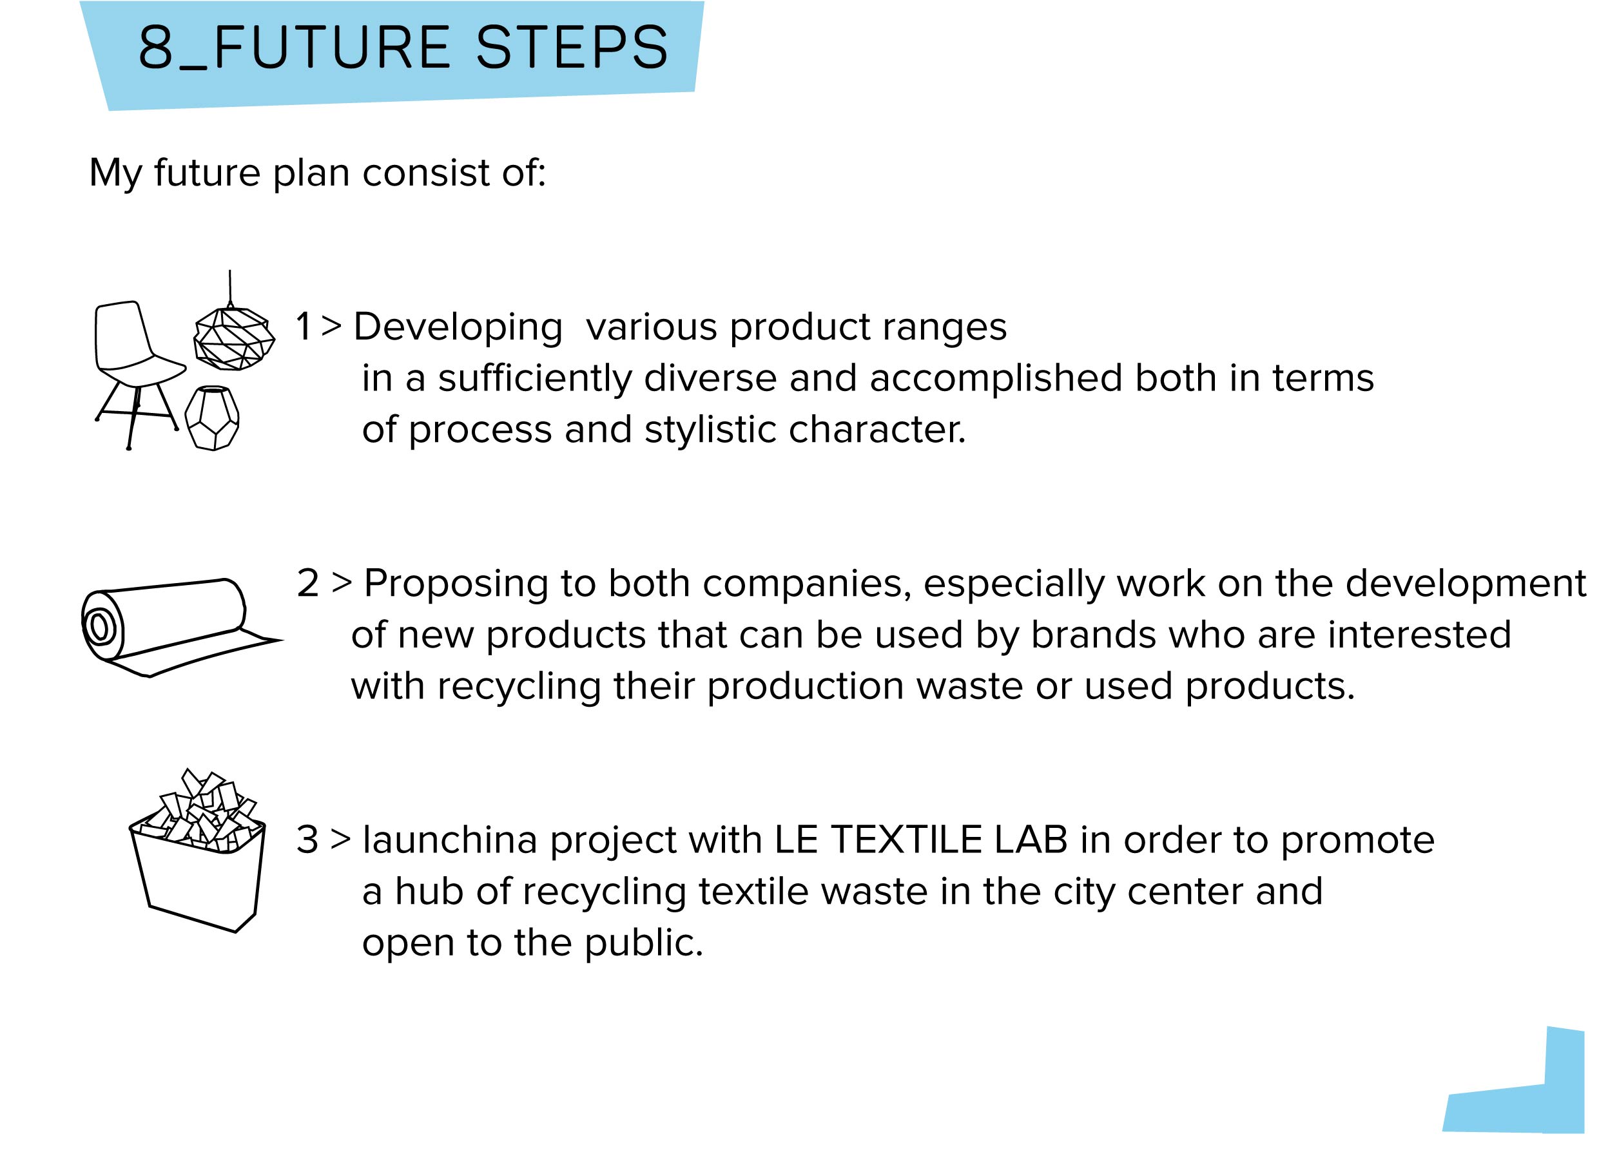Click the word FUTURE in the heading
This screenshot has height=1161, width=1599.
tap(331, 48)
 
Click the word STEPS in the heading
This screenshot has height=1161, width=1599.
tap(572, 48)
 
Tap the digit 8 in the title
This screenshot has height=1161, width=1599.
tap(155, 48)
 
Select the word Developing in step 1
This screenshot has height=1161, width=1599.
tap(458, 328)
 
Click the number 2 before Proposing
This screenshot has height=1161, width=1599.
tap(308, 584)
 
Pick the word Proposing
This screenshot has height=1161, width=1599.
tap(456, 585)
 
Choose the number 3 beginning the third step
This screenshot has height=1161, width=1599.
tap(308, 840)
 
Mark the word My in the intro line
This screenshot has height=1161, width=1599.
tap(115, 174)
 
